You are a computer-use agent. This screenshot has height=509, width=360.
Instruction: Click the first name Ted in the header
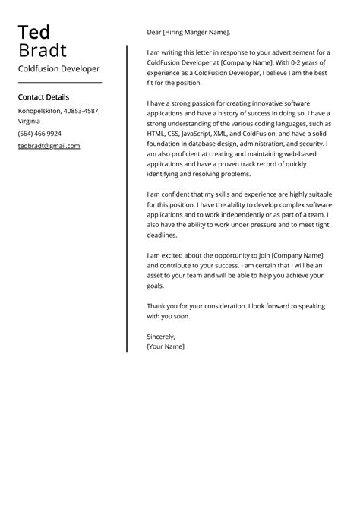point(34,32)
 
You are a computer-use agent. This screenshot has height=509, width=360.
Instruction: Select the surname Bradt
point(43,51)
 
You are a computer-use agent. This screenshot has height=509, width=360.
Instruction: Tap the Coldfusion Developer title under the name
point(58,68)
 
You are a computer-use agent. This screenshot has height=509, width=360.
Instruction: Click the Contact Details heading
point(43,97)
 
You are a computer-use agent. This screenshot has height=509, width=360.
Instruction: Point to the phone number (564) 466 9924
point(39,134)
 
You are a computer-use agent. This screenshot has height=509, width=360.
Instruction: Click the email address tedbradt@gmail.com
point(49,146)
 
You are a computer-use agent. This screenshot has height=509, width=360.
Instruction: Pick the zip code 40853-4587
point(80,111)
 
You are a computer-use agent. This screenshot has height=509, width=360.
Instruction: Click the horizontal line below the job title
point(59,82)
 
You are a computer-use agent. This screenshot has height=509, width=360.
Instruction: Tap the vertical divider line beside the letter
point(127,198)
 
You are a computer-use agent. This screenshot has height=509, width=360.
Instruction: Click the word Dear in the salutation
point(155,33)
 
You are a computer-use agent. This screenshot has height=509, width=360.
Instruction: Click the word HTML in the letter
point(156,133)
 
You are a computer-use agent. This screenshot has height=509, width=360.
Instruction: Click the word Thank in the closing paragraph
point(157,306)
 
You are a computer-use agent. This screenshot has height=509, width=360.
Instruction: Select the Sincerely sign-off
point(161,336)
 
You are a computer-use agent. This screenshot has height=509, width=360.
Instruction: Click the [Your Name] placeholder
point(166,346)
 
